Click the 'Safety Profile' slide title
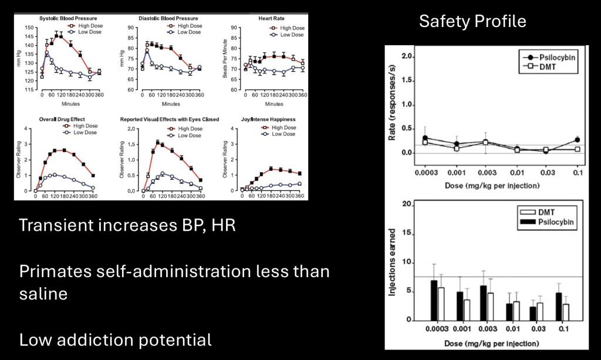pos(472,22)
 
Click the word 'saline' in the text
pos(43,292)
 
